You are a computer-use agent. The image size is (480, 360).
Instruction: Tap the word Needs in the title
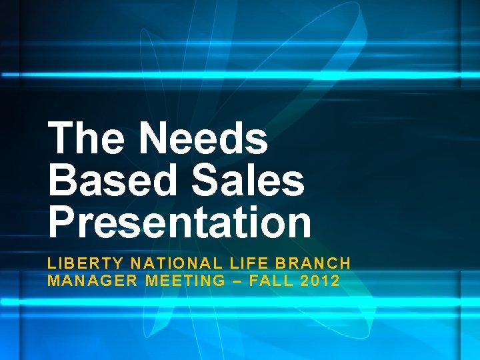[204, 138]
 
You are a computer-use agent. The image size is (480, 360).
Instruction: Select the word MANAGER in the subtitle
[93, 281]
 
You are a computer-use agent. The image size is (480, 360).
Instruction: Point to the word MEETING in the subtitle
[185, 281]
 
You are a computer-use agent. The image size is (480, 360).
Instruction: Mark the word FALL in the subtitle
[271, 281]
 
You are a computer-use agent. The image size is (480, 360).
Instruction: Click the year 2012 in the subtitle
[321, 281]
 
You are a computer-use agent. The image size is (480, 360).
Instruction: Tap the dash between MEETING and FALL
[237, 281]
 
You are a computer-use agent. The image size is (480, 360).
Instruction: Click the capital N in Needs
[155, 138]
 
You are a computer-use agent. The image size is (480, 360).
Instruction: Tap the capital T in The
[62, 138]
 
